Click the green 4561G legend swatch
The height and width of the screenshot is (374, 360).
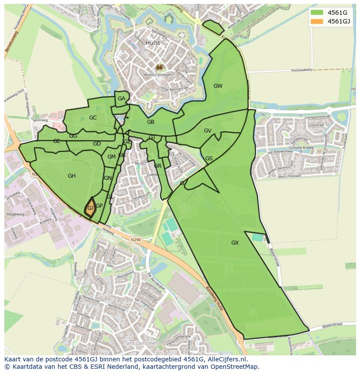(x=318, y=13)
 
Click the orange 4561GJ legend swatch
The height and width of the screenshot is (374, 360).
(x=318, y=21)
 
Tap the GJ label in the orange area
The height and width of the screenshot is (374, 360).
(x=90, y=208)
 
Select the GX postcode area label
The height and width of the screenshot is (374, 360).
(x=235, y=242)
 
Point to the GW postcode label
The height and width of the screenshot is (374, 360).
(x=218, y=86)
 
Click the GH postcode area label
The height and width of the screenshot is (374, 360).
(x=72, y=176)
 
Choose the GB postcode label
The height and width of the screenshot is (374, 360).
(x=150, y=122)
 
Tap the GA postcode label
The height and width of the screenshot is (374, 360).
(x=121, y=99)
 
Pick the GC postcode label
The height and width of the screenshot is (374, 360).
(x=93, y=118)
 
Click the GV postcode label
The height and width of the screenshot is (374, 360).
(x=207, y=131)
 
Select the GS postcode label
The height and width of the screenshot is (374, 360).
(x=209, y=159)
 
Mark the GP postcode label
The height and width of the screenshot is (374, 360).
(x=99, y=206)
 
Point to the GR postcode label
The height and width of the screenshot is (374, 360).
(x=157, y=166)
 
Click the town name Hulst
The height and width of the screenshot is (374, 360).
(x=153, y=43)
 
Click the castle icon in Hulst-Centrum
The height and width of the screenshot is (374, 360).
(x=159, y=67)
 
